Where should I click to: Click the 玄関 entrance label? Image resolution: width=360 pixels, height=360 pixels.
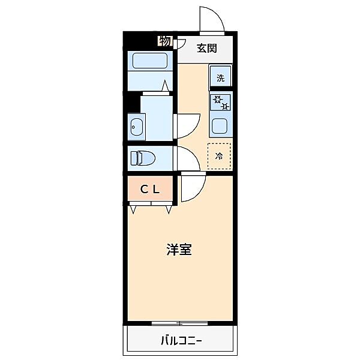(206, 49)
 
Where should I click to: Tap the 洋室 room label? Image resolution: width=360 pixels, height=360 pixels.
(179, 250)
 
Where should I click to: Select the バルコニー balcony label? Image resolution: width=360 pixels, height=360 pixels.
(181, 341)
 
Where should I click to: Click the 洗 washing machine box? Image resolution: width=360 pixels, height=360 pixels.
(220, 77)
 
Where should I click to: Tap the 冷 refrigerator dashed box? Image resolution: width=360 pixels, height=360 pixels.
(219, 155)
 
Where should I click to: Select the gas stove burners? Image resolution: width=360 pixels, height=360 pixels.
(220, 103)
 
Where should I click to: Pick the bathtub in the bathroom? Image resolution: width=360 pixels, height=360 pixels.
(150, 61)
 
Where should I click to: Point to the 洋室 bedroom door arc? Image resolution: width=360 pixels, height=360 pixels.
(193, 187)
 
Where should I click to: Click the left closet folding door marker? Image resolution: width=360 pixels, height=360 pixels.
(133, 209)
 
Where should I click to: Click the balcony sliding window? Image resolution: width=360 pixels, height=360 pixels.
(180, 323)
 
